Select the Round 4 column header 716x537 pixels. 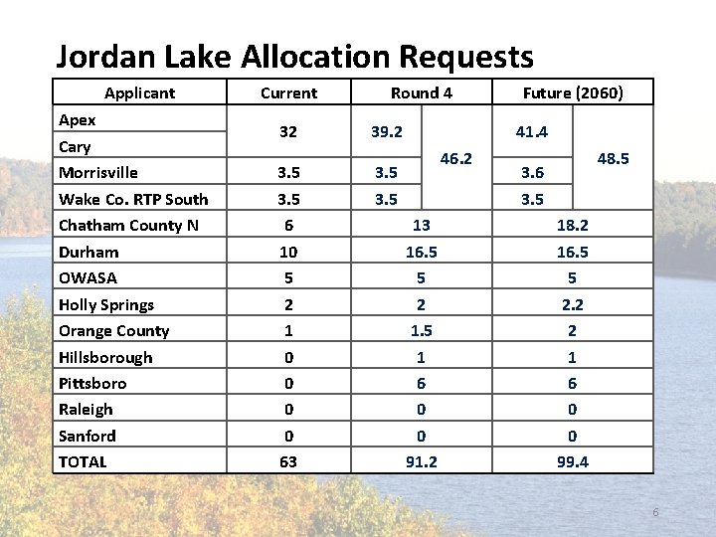click(x=422, y=93)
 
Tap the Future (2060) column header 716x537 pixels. click(x=574, y=93)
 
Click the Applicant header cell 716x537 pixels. click(x=139, y=93)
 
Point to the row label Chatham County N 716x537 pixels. click(x=128, y=226)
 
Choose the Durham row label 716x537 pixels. click(x=89, y=253)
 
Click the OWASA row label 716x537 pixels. click(x=88, y=278)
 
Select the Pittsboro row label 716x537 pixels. click(x=92, y=383)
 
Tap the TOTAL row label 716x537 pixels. click(x=83, y=461)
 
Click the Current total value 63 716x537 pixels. click(x=288, y=461)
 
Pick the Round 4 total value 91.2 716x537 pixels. click(x=422, y=461)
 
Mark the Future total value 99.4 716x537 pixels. click(x=574, y=461)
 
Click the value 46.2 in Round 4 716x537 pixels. click(x=455, y=159)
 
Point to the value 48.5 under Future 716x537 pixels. click(x=613, y=159)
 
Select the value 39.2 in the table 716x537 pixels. click(x=386, y=132)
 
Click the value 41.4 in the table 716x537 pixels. click(x=532, y=132)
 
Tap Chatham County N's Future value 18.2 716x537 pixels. click(x=574, y=226)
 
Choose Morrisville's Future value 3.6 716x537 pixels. click(x=532, y=173)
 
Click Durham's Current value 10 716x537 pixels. click(x=288, y=253)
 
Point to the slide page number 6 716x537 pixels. click(x=655, y=512)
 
